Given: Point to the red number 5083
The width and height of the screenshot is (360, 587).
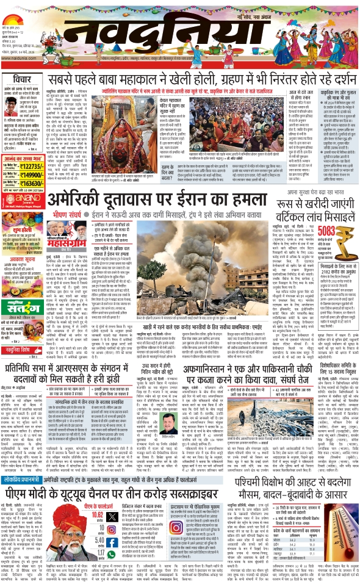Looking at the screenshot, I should (325, 214).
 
